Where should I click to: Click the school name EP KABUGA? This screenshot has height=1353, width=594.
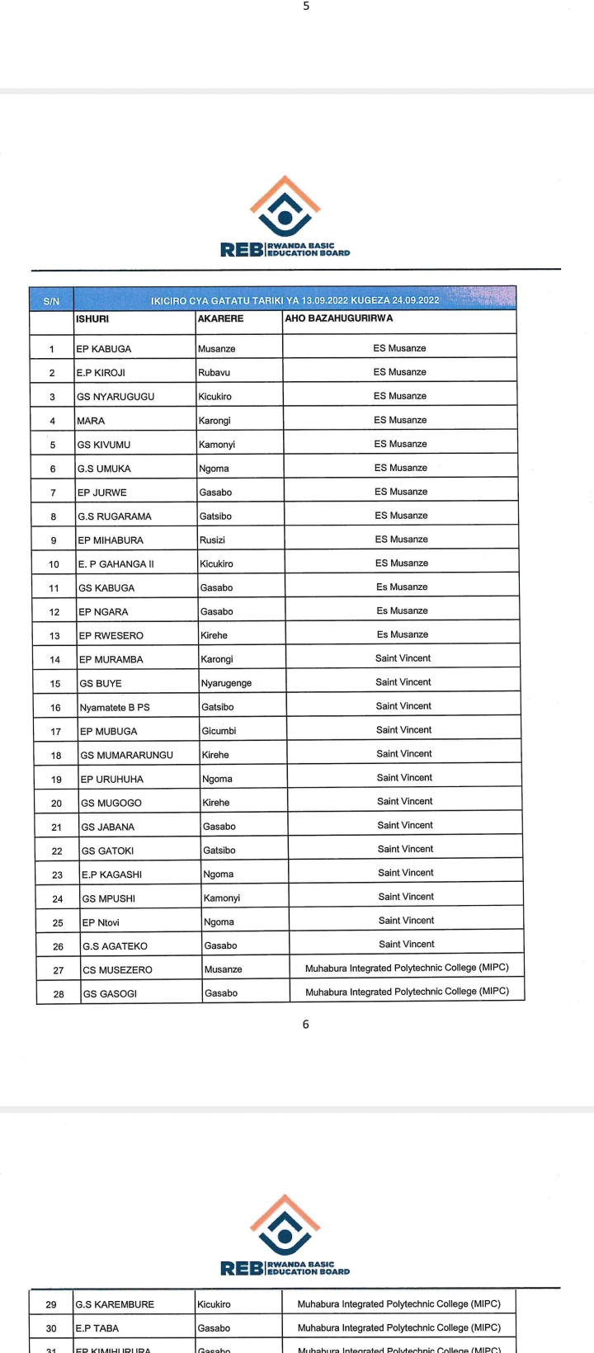pos(104,349)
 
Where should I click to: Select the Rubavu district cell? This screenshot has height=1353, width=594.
pos(214,373)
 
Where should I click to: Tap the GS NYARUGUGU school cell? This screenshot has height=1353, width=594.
pos(115,397)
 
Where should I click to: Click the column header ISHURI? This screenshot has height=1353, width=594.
pos(92,318)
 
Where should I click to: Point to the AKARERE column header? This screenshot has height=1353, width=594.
pos(220,318)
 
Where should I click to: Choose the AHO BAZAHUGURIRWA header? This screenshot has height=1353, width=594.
pos(339,318)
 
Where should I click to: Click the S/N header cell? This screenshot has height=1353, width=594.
pos(51,301)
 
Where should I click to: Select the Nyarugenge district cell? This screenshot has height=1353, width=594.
pos(226,683)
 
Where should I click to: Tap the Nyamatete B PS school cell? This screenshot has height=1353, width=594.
pos(115,707)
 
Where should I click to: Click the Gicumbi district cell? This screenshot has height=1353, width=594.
pos(219,731)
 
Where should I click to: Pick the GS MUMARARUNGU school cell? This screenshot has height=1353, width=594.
pos(126,755)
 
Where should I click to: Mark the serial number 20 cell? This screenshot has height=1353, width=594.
pos(57,803)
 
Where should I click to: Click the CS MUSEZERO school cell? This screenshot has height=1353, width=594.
pos(117,970)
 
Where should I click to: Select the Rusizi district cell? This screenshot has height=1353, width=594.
pos(212,540)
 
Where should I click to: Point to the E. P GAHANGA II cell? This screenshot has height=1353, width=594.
pos(116,564)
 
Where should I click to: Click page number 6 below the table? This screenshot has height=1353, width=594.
pos(306,1024)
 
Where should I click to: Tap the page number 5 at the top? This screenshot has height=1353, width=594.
pos(306,6)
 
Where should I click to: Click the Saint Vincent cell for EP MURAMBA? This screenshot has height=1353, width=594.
pos(403,658)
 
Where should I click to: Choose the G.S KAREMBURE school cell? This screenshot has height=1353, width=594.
pos(115,1304)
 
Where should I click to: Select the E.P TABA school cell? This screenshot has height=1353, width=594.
pos(97,1328)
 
